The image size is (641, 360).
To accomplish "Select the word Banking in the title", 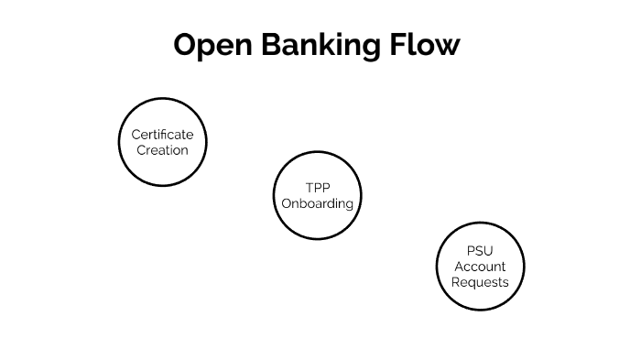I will tap(317, 44).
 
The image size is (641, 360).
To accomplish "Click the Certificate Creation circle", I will tap(163, 142).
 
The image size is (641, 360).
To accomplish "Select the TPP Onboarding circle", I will tap(317, 195).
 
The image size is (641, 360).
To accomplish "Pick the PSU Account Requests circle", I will tap(480, 266).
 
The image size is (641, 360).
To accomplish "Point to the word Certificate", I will tap(163, 135).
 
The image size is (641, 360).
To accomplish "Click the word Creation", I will tap(163, 149).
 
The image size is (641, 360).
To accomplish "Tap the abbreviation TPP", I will tap(317, 188).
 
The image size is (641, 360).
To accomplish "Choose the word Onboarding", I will tap(317, 203).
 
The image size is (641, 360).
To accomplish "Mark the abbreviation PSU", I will tap(480, 250).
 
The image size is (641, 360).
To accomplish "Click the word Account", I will tap(480, 266).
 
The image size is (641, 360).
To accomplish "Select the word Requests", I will tap(480, 281).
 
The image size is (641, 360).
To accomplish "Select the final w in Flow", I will tap(447, 46).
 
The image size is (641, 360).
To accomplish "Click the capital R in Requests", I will tap(456, 281).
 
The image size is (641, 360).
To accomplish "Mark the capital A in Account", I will tap(459, 266).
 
